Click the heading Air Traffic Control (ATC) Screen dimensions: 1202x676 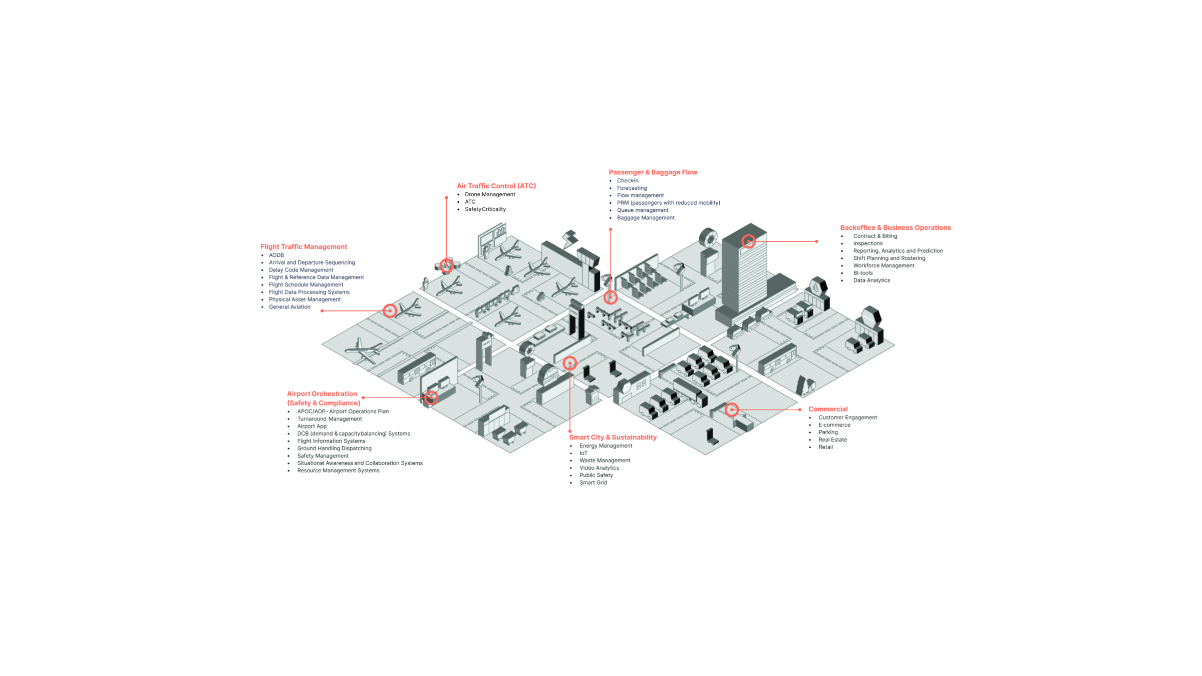[496, 186]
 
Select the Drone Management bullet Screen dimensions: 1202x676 [490, 194]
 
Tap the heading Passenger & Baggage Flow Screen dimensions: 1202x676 [653, 172]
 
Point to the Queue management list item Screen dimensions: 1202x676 [643, 210]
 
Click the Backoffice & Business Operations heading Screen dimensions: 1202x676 [895, 227]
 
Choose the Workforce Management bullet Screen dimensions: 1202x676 [884, 265]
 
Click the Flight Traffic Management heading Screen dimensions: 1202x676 [304, 247]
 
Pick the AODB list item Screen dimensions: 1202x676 [276, 255]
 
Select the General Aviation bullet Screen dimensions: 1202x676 [289, 307]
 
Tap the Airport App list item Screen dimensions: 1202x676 [312, 426]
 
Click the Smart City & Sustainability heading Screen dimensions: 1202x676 [613, 437]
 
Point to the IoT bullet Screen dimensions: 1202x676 [583, 453]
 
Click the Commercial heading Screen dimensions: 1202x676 [828, 409]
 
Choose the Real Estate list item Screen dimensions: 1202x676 [833, 440]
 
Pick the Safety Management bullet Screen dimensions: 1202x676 [323, 456]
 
